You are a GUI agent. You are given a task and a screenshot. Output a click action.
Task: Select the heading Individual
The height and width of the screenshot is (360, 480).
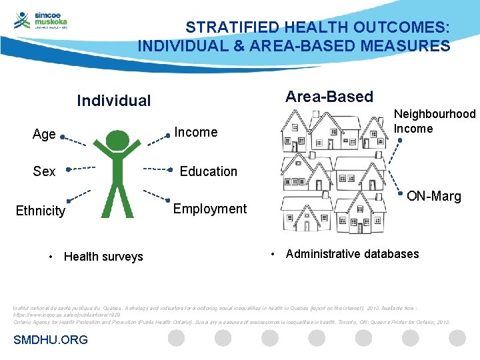(114, 101)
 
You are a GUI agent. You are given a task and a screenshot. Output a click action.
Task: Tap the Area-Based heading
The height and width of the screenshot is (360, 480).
(329, 97)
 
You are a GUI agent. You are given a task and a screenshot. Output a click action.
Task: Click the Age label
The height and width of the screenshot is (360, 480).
(44, 134)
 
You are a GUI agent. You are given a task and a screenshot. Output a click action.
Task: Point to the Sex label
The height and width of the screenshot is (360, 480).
(44, 171)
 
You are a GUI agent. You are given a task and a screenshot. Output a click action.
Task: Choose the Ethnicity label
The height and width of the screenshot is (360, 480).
(41, 211)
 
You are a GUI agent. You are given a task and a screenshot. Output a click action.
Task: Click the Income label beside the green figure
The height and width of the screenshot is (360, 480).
(195, 132)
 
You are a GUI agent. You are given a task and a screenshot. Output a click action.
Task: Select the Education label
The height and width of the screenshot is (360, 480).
(208, 171)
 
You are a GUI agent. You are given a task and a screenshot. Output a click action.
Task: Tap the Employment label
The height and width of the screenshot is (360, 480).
(209, 209)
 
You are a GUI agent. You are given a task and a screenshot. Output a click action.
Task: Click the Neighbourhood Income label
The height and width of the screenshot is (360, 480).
(435, 121)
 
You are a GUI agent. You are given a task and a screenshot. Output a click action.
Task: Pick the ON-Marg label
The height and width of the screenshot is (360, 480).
(433, 196)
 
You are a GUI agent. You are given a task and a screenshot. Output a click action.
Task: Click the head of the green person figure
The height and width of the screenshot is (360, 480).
(118, 140)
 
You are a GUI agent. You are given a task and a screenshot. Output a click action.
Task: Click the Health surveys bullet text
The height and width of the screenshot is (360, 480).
(103, 257)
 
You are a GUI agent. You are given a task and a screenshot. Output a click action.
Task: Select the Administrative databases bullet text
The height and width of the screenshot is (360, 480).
(352, 253)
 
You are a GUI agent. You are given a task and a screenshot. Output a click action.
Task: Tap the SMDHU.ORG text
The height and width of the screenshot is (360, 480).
(50, 340)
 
